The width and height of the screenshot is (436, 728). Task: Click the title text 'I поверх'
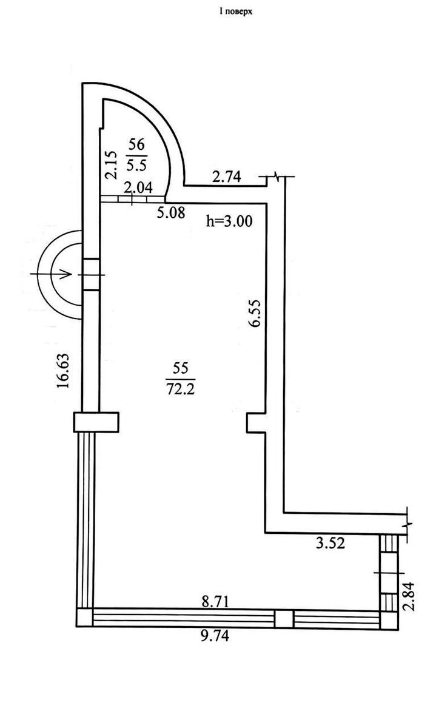click(x=236, y=12)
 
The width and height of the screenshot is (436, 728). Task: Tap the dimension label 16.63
click(x=63, y=371)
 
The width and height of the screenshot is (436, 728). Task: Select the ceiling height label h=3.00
click(x=229, y=221)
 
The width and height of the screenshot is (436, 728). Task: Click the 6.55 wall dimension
click(x=255, y=313)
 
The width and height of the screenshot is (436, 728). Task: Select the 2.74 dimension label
click(x=227, y=177)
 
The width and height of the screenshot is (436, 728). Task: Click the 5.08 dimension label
click(x=171, y=212)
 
